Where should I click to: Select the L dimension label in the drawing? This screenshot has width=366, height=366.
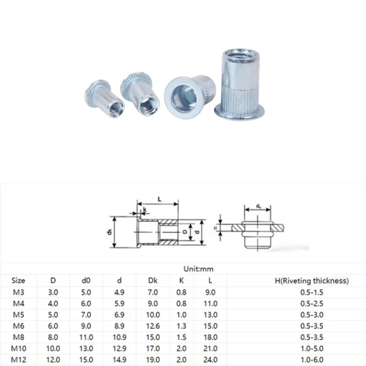(160, 199)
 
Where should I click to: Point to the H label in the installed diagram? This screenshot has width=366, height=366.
(215, 228)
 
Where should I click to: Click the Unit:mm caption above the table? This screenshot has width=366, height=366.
(199, 269)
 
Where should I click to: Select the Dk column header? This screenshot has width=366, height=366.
(153, 280)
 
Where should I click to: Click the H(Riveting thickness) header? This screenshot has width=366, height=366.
(312, 280)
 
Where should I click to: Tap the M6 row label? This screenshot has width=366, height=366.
(18, 326)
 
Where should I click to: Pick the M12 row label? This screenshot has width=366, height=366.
(18, 360)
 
